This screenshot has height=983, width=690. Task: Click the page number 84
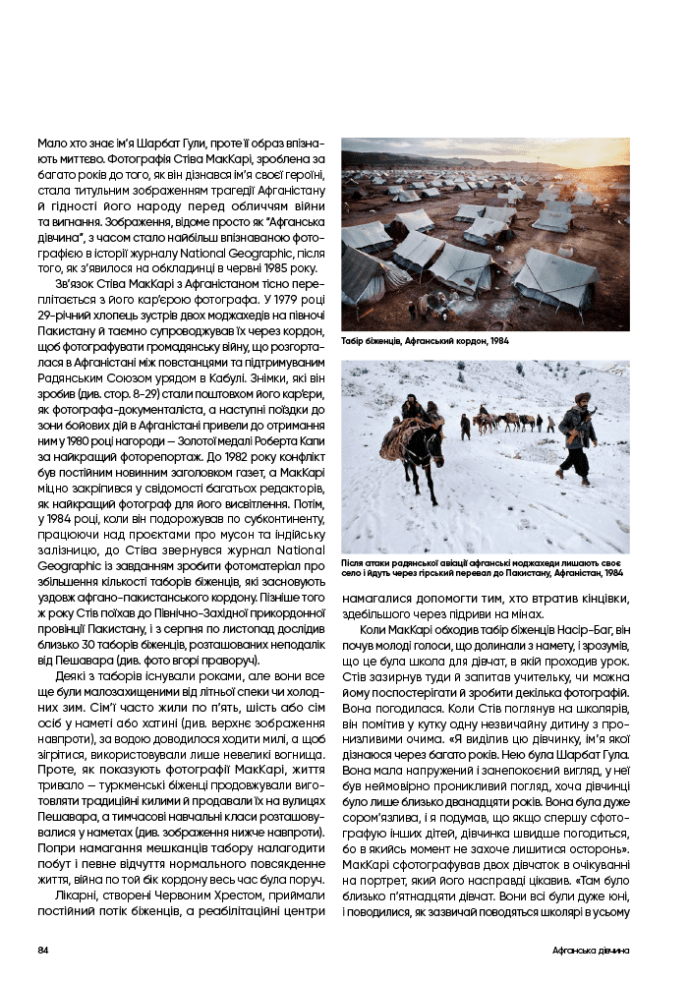pyautogui.click(x=43, y=951)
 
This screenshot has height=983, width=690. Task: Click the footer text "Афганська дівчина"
pyautogui.click(x=589, y=951)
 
